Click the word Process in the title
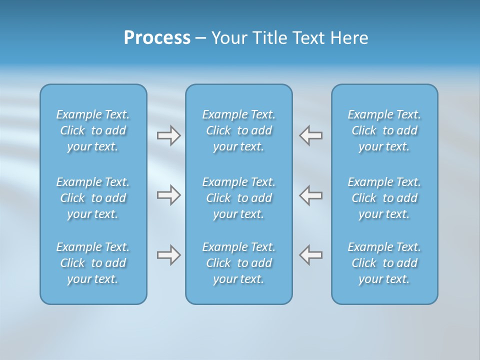[157, 38]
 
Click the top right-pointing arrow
[168, 135]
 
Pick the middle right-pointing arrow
[168, 195]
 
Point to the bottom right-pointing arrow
[168, 255]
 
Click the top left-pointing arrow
[311, 135]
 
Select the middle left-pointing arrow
[311, 195]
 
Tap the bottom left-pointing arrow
[311, 255]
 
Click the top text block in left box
[93, 130]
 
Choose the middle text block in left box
[93, 198]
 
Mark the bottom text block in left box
[93, 263]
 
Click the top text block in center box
[239, 130]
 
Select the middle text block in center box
[239, 198]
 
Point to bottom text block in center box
[239, 263]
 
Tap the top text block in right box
[384, 130]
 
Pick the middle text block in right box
[384, 198]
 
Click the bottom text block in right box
[384, 263]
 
